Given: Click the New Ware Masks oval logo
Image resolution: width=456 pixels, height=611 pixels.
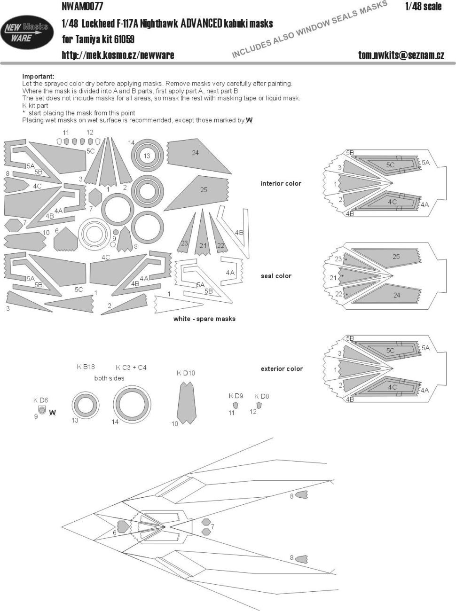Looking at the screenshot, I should point(27,32).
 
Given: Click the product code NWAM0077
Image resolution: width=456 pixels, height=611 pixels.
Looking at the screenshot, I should point(82,6).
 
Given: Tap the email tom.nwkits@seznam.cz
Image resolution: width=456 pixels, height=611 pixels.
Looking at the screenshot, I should point(401,55).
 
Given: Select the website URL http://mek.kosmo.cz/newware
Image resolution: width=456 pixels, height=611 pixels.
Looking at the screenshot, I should point(118,55).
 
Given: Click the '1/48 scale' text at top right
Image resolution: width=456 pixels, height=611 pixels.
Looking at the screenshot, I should point(423,6).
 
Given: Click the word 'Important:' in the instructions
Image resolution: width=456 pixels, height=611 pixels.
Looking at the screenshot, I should point(38,76).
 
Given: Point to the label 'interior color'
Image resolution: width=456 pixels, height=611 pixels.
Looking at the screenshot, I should point(281,183).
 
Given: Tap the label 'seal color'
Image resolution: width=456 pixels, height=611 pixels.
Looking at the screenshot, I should point(276,276).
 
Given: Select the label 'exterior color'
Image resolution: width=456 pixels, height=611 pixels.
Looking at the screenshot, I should point(282,369).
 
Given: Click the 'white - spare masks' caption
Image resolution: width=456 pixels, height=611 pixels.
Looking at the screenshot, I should point(204,319).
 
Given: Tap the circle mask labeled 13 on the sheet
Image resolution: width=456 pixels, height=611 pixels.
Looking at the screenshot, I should point(147,156).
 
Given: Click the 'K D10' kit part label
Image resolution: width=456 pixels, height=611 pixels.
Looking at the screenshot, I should point(186,373).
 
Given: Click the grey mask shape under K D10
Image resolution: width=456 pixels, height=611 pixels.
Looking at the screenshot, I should point(187,402).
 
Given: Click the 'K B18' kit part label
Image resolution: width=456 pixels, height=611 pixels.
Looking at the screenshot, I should point(86,367).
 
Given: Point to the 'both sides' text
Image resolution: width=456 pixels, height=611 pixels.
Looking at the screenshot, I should point(109,378).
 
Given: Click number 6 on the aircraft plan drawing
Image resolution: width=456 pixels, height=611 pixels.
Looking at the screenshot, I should point(114,533).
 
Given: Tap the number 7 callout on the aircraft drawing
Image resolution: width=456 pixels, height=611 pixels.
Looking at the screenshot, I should point(212,527).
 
